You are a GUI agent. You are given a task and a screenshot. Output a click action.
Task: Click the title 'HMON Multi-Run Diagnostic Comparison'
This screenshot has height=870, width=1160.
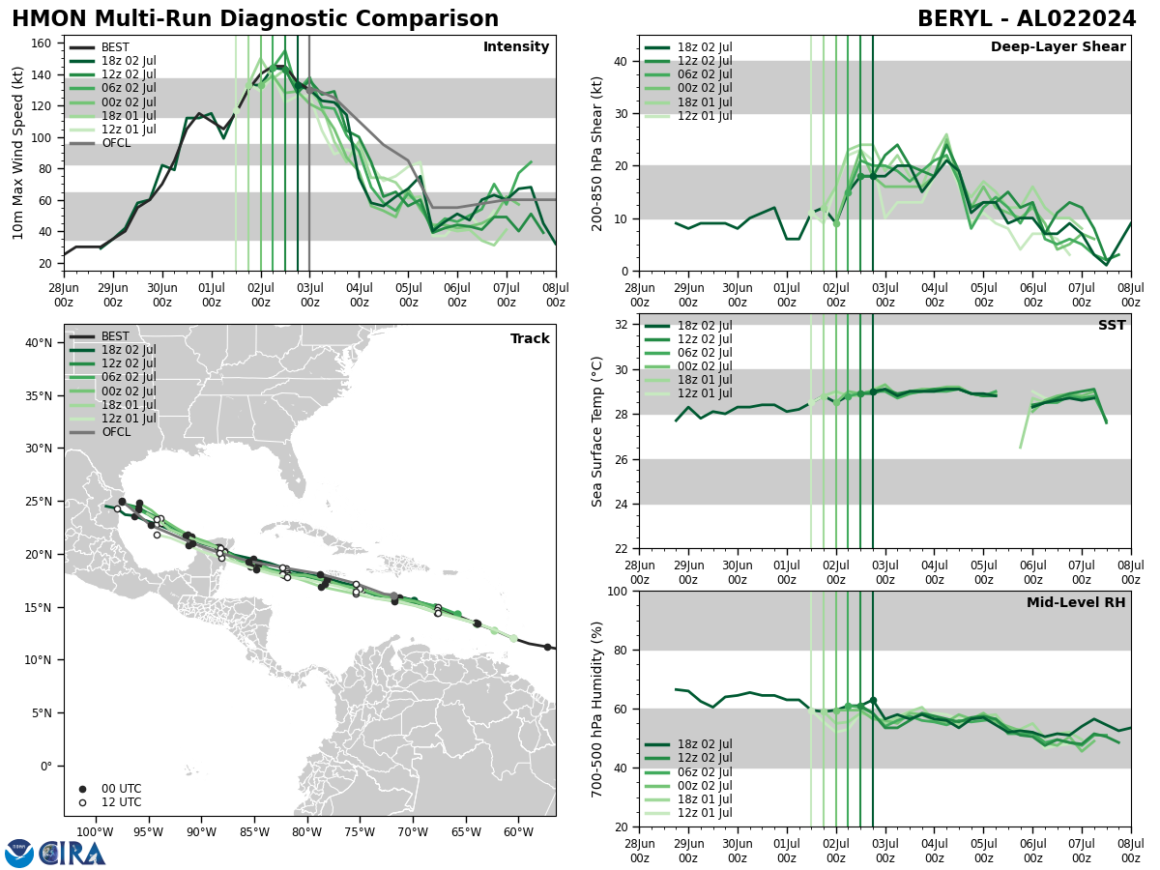255,19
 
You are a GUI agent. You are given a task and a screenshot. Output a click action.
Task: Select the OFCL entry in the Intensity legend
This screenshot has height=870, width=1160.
114,143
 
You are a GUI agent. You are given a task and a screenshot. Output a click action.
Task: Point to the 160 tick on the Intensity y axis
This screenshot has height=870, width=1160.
43,43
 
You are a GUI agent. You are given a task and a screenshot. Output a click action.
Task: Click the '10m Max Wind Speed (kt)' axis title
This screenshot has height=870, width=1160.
18,153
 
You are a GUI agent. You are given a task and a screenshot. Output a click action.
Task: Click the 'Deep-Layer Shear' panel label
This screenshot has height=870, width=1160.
1058,47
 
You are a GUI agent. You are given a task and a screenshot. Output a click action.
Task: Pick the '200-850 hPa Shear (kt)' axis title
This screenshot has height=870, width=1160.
596,153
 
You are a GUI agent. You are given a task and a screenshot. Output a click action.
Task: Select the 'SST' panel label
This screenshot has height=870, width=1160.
1111,326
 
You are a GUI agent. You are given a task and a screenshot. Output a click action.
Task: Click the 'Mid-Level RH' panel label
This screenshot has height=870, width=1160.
1075,603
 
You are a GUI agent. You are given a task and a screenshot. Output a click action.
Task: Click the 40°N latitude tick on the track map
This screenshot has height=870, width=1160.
39,342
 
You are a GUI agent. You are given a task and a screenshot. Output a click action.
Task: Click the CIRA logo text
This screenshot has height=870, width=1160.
72,854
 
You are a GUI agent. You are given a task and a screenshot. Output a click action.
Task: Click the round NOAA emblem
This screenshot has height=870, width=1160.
19,854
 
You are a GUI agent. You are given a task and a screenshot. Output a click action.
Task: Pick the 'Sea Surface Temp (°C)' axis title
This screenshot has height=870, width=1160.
596,431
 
